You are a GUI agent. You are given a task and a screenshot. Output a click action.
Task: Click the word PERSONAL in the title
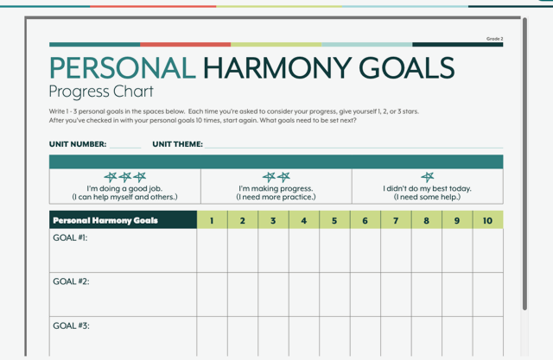(123, 68)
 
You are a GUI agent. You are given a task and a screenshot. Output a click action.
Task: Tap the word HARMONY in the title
(277, 68)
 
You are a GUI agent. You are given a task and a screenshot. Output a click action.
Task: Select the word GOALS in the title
(407, 68)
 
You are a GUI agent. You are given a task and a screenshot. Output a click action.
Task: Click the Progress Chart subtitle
(101, 92)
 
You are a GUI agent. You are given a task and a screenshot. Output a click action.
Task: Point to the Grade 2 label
(495, 39)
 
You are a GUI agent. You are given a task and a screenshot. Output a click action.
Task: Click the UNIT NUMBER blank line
(125, 148)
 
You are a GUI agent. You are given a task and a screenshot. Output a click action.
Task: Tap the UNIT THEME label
(177, 144)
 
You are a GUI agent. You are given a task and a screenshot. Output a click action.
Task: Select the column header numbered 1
(212, 220)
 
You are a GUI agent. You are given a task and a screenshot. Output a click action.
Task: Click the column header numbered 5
(334, 220)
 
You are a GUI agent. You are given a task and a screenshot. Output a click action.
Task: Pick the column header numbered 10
(487, 220)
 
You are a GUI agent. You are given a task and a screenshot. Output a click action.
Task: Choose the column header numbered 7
(396, 220)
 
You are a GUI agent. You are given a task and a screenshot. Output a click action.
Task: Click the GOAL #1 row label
(70, 237)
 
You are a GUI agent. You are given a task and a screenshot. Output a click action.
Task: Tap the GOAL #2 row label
(71, 281)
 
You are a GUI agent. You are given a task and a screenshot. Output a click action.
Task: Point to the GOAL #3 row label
(71, 325)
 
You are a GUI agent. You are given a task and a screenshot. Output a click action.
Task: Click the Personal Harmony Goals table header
(105, 220)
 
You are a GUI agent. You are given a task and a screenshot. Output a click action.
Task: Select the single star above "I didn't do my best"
(428, 177)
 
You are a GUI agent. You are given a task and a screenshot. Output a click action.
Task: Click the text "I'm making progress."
(276, 189)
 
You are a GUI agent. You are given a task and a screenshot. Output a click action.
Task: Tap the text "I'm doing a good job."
(124, 189)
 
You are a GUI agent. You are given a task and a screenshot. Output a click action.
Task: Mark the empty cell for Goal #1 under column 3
(273, 250)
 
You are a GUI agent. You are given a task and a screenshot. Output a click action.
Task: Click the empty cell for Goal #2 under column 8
(426, 294)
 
